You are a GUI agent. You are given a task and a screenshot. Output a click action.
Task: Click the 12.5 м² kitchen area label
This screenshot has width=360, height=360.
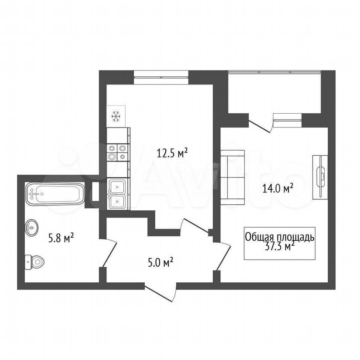(172, 153)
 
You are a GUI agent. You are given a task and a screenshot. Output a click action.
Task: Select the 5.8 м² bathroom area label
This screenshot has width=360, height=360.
(61, 238)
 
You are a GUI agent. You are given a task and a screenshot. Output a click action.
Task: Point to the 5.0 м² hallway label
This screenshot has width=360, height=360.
(160, 262)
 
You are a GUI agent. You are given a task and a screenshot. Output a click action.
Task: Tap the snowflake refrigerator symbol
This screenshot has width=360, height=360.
(116, 116)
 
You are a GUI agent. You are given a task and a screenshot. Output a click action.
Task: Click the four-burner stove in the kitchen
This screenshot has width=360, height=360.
(117, 153)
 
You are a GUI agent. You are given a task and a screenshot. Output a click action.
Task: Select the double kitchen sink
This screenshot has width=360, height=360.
(117, 194)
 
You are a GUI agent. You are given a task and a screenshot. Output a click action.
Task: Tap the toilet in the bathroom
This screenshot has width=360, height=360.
(34, 262)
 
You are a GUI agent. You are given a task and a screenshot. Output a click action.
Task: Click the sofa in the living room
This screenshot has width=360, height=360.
(232, 177)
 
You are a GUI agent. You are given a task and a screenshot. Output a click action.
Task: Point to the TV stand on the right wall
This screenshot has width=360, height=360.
(320, 177)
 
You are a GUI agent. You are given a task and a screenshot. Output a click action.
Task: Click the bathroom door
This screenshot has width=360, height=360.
(108, 252)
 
